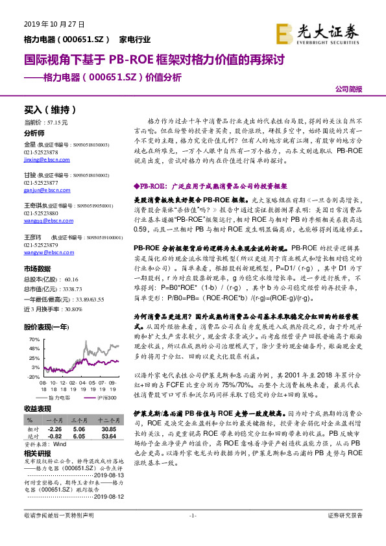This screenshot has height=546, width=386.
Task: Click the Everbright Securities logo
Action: (x=317, y=31)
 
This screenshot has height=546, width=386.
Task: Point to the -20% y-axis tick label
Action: (x=34, y=376)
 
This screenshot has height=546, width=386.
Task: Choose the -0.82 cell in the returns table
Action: (x=56, y=436)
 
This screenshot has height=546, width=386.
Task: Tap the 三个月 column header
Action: (x=80, y=420)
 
